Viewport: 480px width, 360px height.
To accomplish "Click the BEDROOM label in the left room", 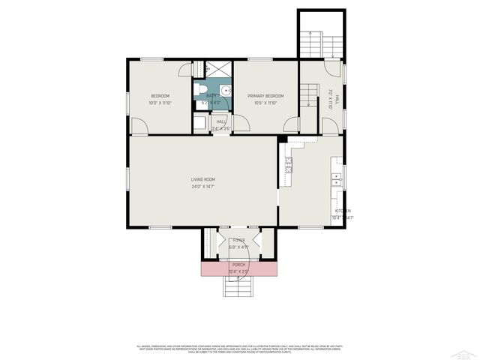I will (160, 96).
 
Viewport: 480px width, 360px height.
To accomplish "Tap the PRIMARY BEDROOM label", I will (265, 96).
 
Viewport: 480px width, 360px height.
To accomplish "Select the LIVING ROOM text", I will (202, 179).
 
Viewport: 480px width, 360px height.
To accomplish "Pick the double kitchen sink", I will (337, 180).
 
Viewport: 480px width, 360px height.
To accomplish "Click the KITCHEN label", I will (343, 211).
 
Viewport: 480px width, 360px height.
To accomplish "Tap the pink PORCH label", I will (238, 265).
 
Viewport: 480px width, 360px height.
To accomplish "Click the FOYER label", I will (238, 240).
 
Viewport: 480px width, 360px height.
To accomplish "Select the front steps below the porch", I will (238, 285).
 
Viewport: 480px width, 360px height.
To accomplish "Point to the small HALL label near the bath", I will (221, 121).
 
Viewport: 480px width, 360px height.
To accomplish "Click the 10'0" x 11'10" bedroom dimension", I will (160, 103).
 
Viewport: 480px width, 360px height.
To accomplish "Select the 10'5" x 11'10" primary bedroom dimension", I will (265, 103).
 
